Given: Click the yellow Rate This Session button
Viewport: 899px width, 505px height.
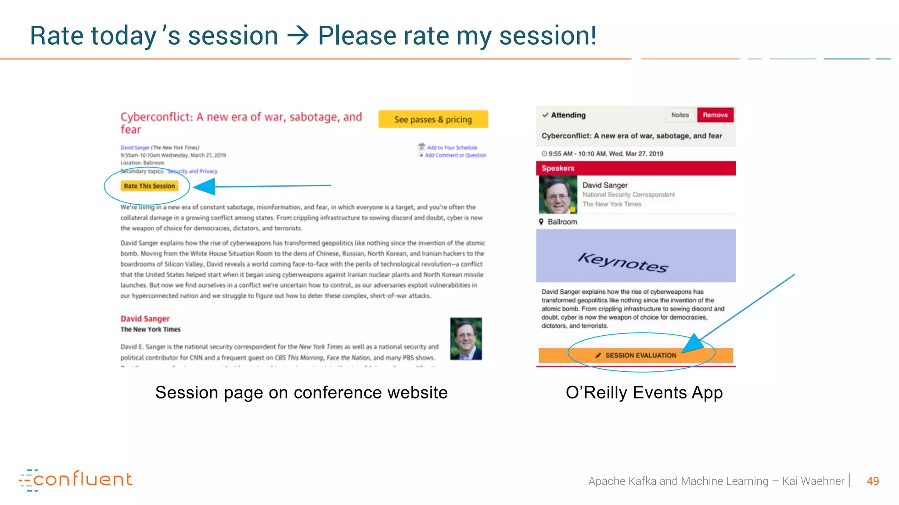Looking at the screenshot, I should click(149, 186).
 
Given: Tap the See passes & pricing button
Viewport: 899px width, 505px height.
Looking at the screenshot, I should click(433, 119).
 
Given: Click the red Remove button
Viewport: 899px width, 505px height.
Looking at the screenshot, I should click(715, 115).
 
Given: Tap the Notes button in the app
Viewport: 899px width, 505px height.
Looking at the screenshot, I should click(680, 115).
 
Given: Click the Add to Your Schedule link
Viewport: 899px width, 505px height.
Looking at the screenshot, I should click(452, 148).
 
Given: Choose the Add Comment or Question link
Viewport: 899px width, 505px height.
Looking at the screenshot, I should click(455, 155).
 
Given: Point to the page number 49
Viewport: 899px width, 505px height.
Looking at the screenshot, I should click(873, 481).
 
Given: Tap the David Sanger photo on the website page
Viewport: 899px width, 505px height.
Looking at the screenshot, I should click(466, 339).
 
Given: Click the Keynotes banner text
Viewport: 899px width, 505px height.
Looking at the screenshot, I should click(623, 262).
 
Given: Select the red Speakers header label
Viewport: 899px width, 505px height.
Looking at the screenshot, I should click(558, 168).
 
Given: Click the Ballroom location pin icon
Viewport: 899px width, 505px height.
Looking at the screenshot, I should click(541, 222).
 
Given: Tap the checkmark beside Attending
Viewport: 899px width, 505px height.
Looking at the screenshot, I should click(545, 115).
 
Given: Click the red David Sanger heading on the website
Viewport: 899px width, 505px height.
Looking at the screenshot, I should click(145, 319).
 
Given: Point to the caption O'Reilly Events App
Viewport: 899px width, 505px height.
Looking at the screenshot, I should click(644, 392).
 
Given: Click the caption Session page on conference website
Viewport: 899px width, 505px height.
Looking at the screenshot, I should click(301, 392).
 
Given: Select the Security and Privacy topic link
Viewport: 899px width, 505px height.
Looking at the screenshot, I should click(192, 171).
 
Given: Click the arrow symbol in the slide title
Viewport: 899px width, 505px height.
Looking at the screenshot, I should click(298, 36).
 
